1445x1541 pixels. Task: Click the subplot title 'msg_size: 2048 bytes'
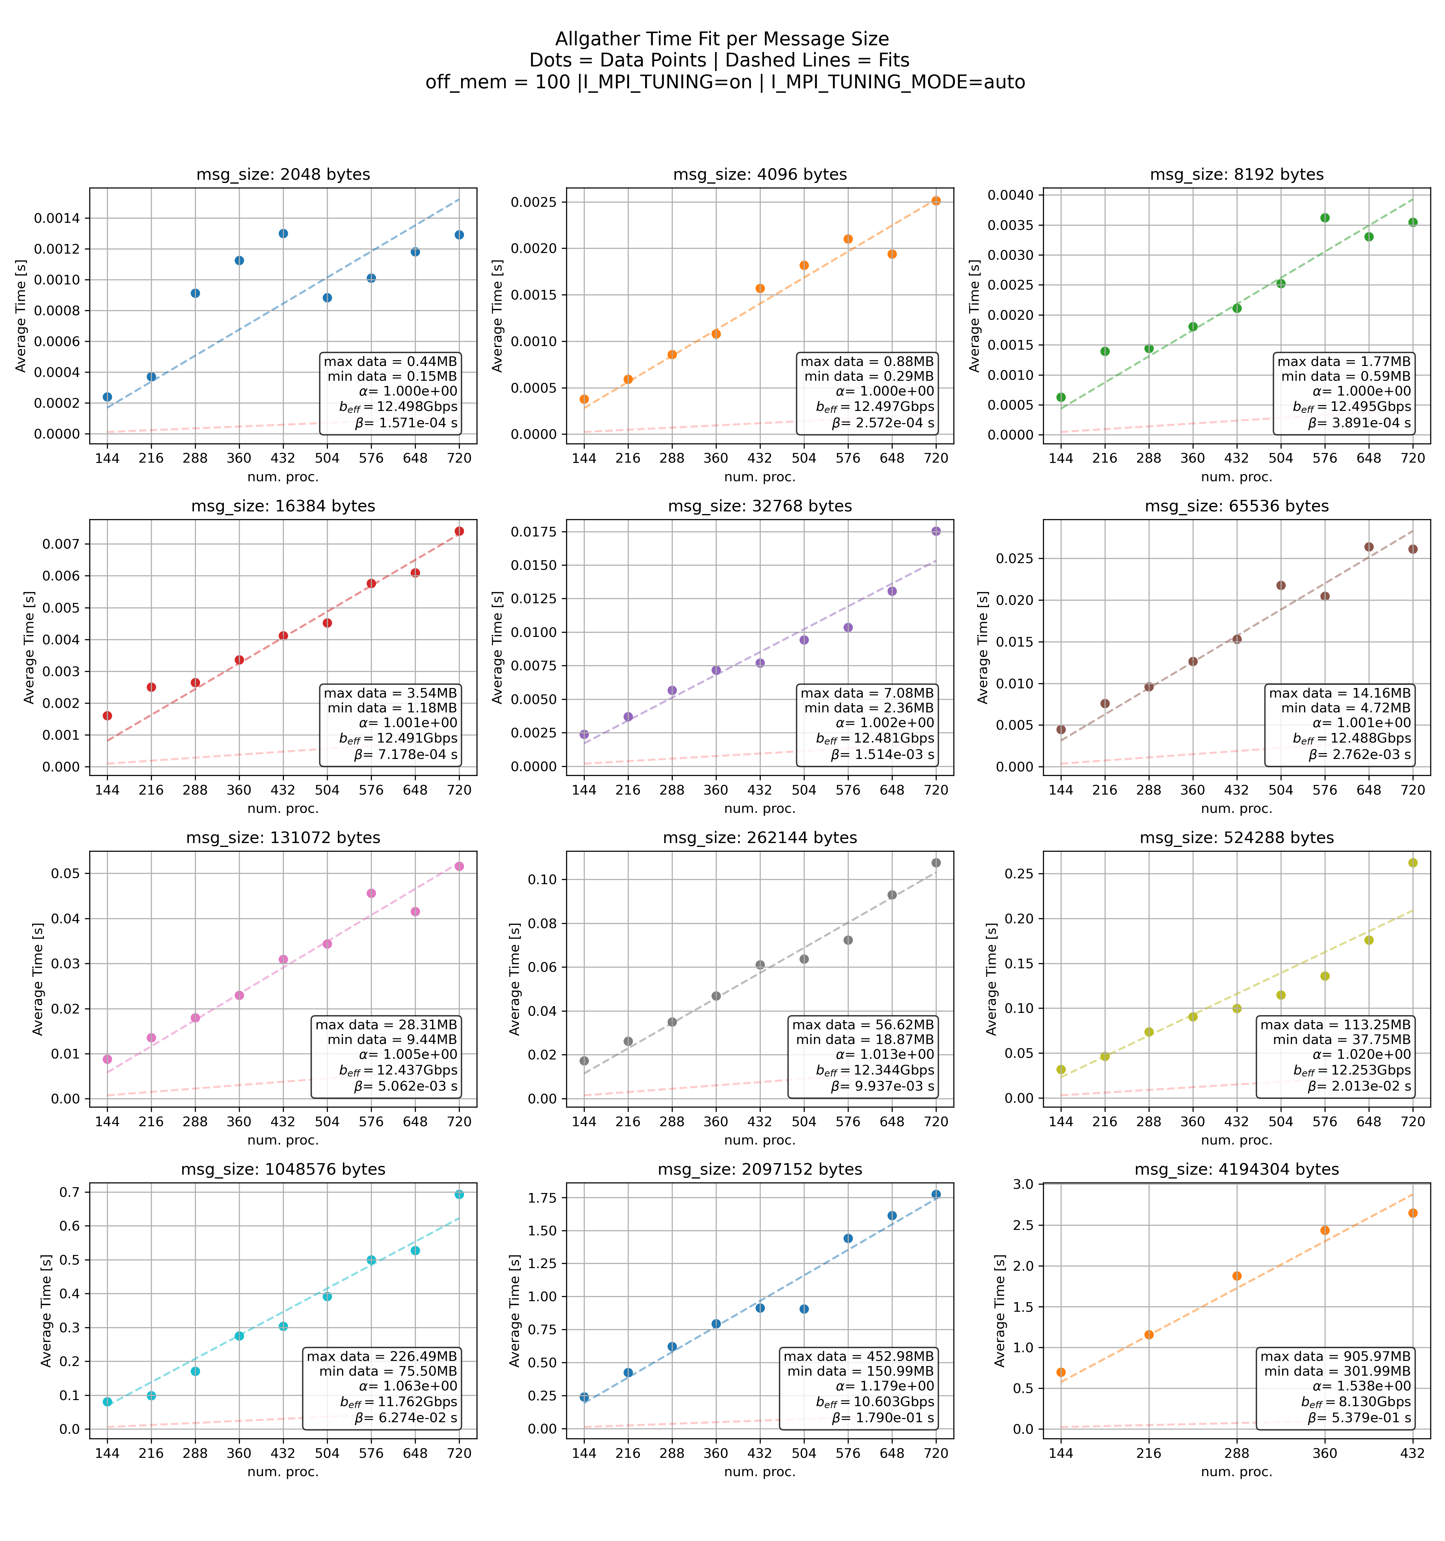click(283, 174)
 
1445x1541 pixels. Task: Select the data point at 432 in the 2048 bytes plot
click(283, 233)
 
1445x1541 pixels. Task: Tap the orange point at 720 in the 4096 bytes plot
click(936, 201)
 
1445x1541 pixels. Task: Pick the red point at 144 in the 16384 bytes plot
click(107, 716)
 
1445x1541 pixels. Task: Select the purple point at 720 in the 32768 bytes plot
click(936, 531)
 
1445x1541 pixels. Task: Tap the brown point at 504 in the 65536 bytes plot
click(1281, 585)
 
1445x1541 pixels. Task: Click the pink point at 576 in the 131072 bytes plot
click(371, 893)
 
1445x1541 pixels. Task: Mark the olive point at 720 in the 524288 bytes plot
click(1413, 863)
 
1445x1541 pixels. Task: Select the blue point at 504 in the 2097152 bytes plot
click(804, 1309)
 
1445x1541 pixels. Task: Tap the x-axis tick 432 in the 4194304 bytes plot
click(1413, 1453)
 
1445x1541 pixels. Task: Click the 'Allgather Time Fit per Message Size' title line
click(722, 39)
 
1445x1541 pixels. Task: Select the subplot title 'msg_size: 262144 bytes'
click(760, 838)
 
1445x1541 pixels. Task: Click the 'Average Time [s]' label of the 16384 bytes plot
click(30, 647)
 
